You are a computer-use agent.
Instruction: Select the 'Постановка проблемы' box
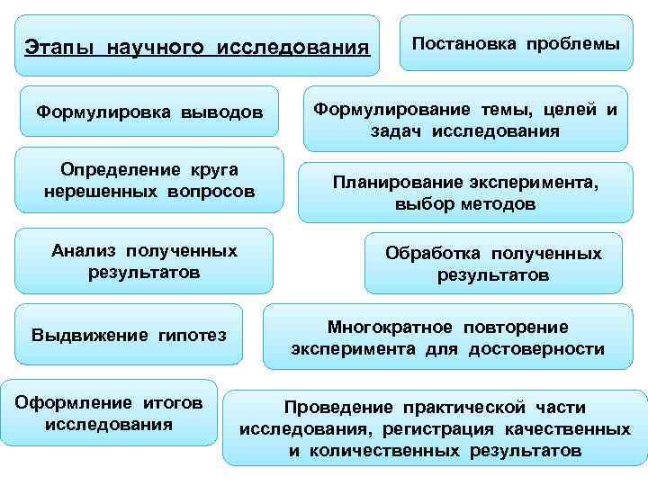coord(516,43)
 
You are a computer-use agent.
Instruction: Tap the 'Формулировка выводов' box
coord(149,112)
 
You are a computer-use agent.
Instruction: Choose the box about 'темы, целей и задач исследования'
coord(464,121)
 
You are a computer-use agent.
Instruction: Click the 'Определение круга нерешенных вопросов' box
coord(149,180)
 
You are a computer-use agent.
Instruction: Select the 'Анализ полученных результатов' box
coord(144,260)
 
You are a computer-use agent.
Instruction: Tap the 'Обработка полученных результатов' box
coord(493,264)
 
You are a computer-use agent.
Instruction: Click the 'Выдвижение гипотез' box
coord(129,335)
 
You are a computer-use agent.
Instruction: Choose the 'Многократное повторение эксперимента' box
coord(447,337)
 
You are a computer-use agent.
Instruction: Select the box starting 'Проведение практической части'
coord(435,427)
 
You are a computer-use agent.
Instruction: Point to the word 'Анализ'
coord(85,250)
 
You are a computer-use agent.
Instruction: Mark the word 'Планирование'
coord(389,183)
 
